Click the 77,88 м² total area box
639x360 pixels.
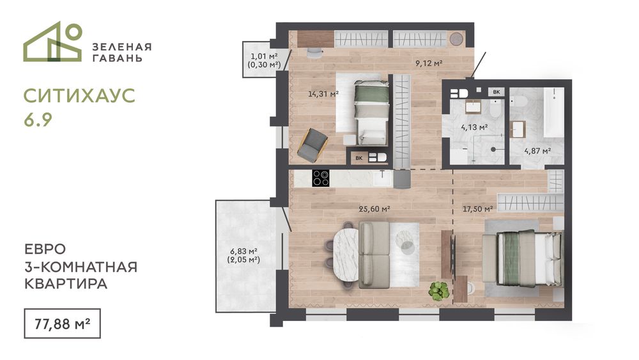[62, 324]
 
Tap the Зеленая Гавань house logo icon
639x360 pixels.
[53, 42]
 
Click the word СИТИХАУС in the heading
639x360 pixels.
[79, 96]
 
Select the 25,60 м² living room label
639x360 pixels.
[374, 209]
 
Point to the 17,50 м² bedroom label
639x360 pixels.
[477, 209]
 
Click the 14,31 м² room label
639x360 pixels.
[323, 94]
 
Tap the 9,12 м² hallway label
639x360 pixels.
[429, 63]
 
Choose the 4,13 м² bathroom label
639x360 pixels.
[474, 128]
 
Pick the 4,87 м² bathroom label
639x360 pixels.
[537, 151]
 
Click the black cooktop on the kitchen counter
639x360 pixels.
[321, 178]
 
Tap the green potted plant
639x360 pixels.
[438, 291]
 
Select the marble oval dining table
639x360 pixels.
[346, 255]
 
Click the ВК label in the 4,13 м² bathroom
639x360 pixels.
[497, 92]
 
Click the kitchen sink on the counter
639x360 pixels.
[381, 178]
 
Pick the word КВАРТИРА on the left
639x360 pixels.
[66, 284]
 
